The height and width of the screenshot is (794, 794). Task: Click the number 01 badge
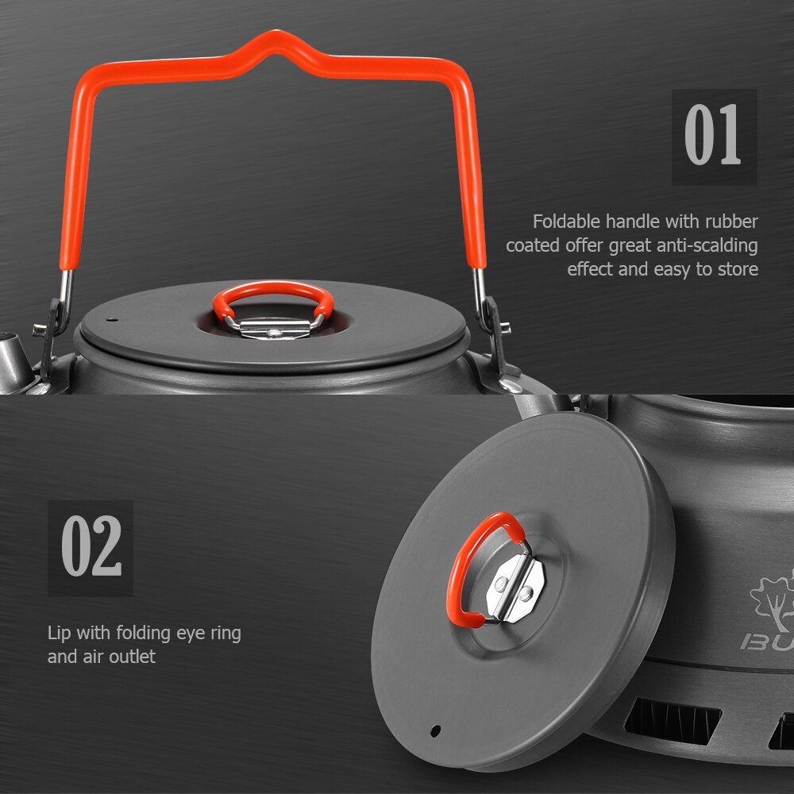(714, 137)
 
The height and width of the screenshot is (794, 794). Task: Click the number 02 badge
(91, 547)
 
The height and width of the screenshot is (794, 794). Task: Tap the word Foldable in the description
(566, 222)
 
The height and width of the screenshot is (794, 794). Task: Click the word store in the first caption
(738, 269)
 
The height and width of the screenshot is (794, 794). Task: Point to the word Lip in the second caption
(60, 633)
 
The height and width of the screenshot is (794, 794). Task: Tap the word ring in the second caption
(224, 633)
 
